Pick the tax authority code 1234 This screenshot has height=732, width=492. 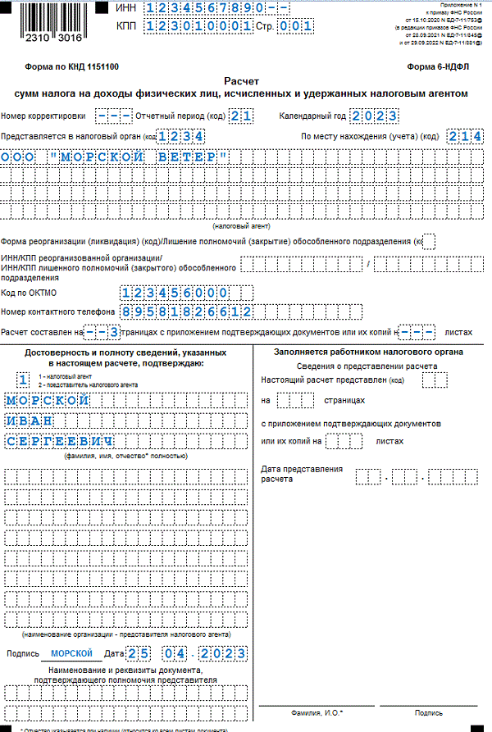point(181,136)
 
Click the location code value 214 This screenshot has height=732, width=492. point(465,136)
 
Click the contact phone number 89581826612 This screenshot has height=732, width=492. point(185,311)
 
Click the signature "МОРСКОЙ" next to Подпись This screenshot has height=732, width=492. point(71,653)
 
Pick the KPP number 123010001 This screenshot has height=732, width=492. point(198,26)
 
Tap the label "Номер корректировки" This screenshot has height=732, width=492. point(43,116)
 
